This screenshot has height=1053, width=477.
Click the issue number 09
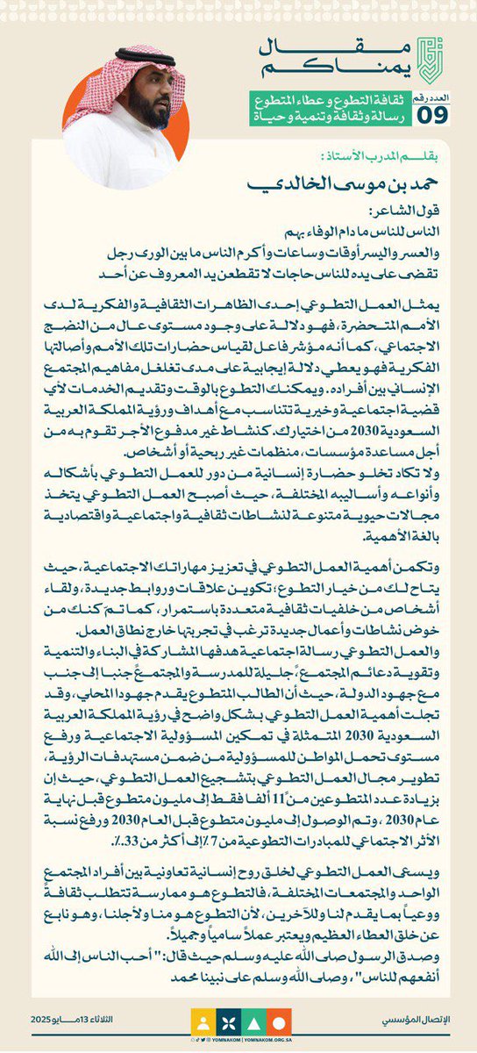[437, 113]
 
